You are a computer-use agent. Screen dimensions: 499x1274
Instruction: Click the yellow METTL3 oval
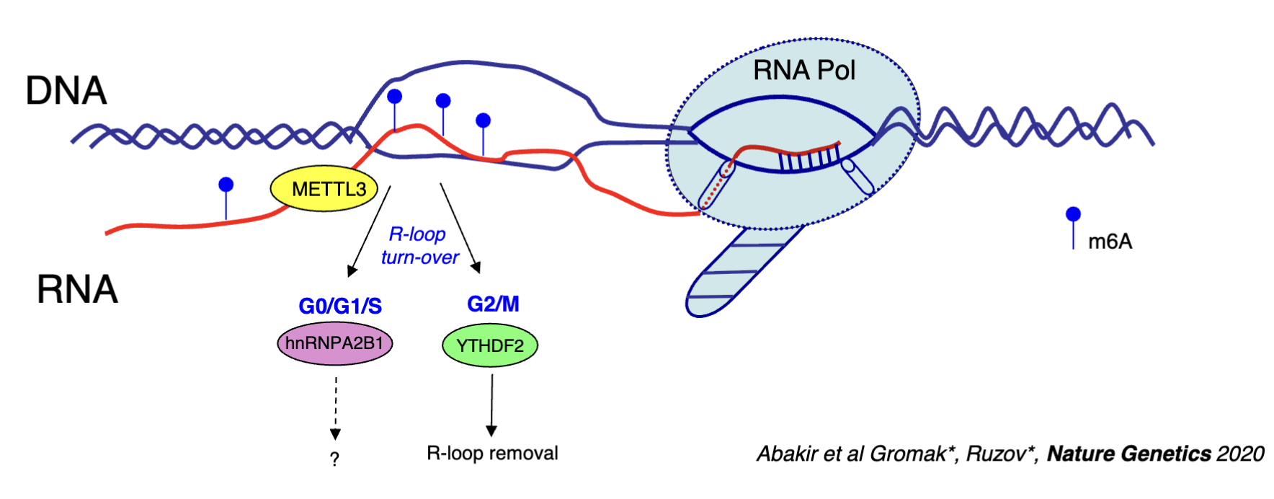324,189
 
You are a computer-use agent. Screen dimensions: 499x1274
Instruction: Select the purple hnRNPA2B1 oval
335,343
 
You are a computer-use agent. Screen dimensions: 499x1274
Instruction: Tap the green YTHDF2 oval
490,345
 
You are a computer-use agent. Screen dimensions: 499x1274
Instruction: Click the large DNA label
66,91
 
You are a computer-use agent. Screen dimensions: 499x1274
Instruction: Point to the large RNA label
77,289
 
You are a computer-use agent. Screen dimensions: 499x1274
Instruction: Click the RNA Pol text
803,71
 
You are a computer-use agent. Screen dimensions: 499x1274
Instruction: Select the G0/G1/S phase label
340,306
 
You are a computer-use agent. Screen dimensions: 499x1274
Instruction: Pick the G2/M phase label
493,304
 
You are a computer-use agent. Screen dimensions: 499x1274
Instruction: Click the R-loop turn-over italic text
419,246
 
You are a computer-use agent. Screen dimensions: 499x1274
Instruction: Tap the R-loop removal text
492,453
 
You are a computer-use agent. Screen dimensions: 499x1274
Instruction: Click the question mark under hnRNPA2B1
334,459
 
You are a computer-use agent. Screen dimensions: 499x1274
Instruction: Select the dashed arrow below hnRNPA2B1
335,407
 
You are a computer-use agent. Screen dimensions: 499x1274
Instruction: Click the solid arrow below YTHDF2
491,404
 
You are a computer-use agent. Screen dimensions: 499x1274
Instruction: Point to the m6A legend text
1110,242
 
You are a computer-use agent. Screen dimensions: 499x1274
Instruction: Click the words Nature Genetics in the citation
1128,454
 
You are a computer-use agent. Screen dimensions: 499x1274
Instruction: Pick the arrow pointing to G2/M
460,228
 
